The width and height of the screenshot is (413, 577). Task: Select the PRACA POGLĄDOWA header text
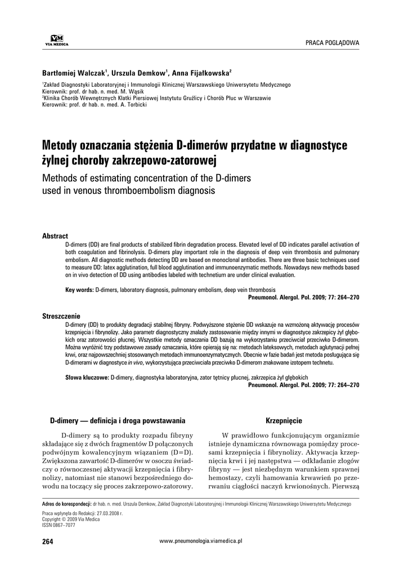pyautogui.click(x=332, y=43)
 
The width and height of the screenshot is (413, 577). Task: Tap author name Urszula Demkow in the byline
pyautogui.click(x=139, y=73)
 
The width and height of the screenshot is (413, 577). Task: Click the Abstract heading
pyautogui.click(x=55, y=236)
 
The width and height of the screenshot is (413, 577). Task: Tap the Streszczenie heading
pyautogui.click(x=61, y=317)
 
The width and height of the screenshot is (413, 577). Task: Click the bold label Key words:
pyautogui.click(x=79, y=289)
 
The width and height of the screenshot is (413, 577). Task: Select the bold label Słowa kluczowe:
pyautogui.click(x=87, y=376)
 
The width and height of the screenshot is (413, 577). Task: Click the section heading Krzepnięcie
pyautogui.click(x=284, y=420)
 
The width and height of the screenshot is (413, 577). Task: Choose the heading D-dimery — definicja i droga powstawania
pyautogui.click(x=116, y=420)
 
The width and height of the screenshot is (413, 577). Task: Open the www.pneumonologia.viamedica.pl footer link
pyautogui.click(x=201, y=540)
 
